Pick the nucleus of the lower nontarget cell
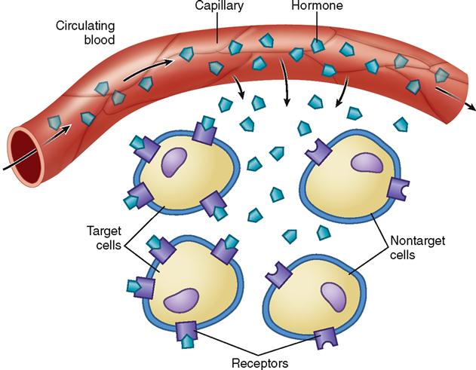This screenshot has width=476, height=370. tap(333, 295)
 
